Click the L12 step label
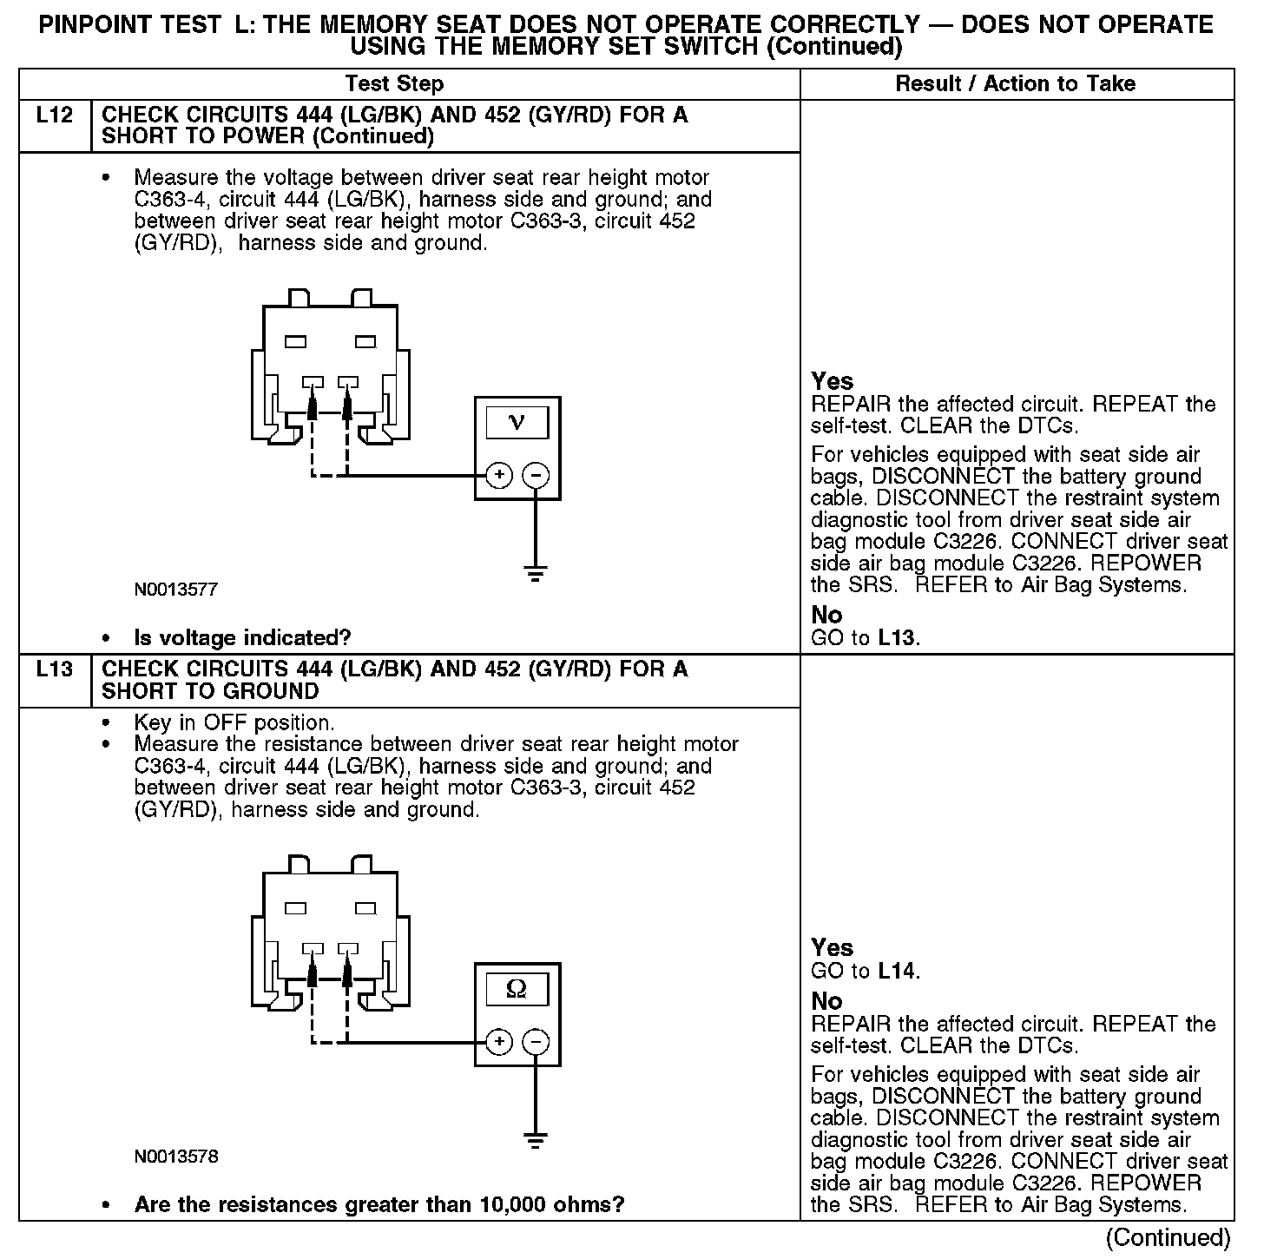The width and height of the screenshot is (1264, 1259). (x=54, y=115)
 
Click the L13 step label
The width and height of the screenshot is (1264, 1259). (x=54, y=669)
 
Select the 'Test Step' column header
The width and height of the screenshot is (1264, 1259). (x=394, y=84)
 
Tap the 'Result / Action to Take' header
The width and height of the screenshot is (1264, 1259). (x=1015, y=84)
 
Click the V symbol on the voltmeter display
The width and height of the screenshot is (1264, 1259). (x=517, y=423)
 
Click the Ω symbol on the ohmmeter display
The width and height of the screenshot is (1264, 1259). (x=517, y=989)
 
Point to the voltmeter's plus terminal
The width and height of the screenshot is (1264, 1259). (x=498, y=475)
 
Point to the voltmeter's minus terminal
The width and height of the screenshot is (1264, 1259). (x=536, y=475)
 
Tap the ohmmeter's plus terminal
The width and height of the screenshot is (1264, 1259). (x=498, y=1041)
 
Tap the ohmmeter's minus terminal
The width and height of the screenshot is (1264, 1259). (x=536, y=1041)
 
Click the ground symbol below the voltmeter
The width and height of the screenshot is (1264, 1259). (x=536, y=572)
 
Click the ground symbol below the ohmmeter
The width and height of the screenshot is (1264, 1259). (x=536, y=1139)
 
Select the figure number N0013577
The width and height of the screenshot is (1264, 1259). (x=175, y=590)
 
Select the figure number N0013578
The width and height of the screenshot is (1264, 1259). (x=175, y=1157)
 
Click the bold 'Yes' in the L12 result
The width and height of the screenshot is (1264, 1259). (x=832, y=381)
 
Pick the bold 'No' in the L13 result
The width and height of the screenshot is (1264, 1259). (x=826, y=1001)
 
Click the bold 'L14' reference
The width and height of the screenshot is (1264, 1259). (x=898, y=972)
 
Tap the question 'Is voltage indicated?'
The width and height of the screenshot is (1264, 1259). (x=242, y=638)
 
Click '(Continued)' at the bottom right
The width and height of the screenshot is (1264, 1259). (x=1169, y=1237)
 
